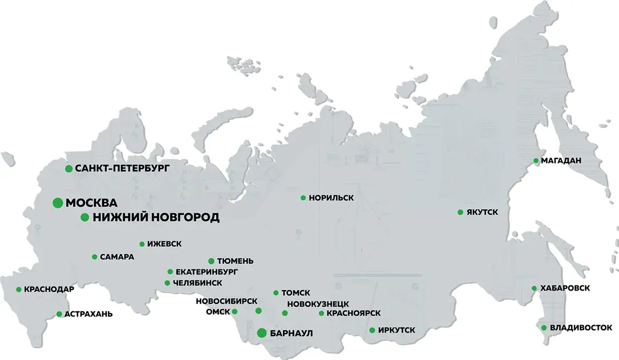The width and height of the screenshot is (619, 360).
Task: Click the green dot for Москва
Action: click(58, 203)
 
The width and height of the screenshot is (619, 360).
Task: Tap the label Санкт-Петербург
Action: click(122, 169)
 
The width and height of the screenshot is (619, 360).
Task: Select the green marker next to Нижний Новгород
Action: click(84, 217)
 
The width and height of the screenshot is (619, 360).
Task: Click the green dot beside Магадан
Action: click(535, 160)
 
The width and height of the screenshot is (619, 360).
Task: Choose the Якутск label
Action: click(482, 212)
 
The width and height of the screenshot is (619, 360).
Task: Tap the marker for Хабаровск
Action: click(535, 289)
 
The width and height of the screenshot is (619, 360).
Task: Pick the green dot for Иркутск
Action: click(372, 330)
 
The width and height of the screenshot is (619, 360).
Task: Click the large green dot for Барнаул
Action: click(261, 333)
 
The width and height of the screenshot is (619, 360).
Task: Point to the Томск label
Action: click(296, 293)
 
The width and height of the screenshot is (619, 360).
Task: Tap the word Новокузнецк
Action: click(317, 304)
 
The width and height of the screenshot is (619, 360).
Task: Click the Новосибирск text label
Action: click(226, 301)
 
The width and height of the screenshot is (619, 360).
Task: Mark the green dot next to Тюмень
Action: click(211, 261)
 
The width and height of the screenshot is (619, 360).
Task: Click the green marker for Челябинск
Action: click(168, 283)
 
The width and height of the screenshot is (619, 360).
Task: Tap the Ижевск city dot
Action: click(142, 244)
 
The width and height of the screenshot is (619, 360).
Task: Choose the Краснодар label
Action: click(49, 290)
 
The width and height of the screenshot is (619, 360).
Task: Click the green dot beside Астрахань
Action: click(59, 314)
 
